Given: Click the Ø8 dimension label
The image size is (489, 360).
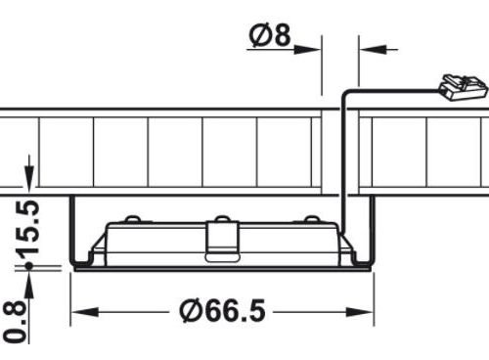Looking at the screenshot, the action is coord(269,34).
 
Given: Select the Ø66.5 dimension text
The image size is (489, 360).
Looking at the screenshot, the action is coord(222,311).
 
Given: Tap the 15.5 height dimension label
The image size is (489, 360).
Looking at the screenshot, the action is coord(28,228).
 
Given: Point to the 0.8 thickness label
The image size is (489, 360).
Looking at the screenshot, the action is coord(15,322).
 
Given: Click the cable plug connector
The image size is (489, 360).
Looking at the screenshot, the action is coord(463,87).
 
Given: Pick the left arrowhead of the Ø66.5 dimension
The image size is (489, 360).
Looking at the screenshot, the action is coord(85,312).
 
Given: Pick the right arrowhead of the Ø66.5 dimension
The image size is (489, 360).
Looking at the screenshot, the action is coord(360,312).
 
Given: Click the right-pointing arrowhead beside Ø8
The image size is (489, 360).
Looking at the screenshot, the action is coord(307,50).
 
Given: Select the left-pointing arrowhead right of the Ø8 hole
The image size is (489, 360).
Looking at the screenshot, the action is coord(373,50).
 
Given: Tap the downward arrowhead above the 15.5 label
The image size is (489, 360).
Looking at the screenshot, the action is coord(29,177).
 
